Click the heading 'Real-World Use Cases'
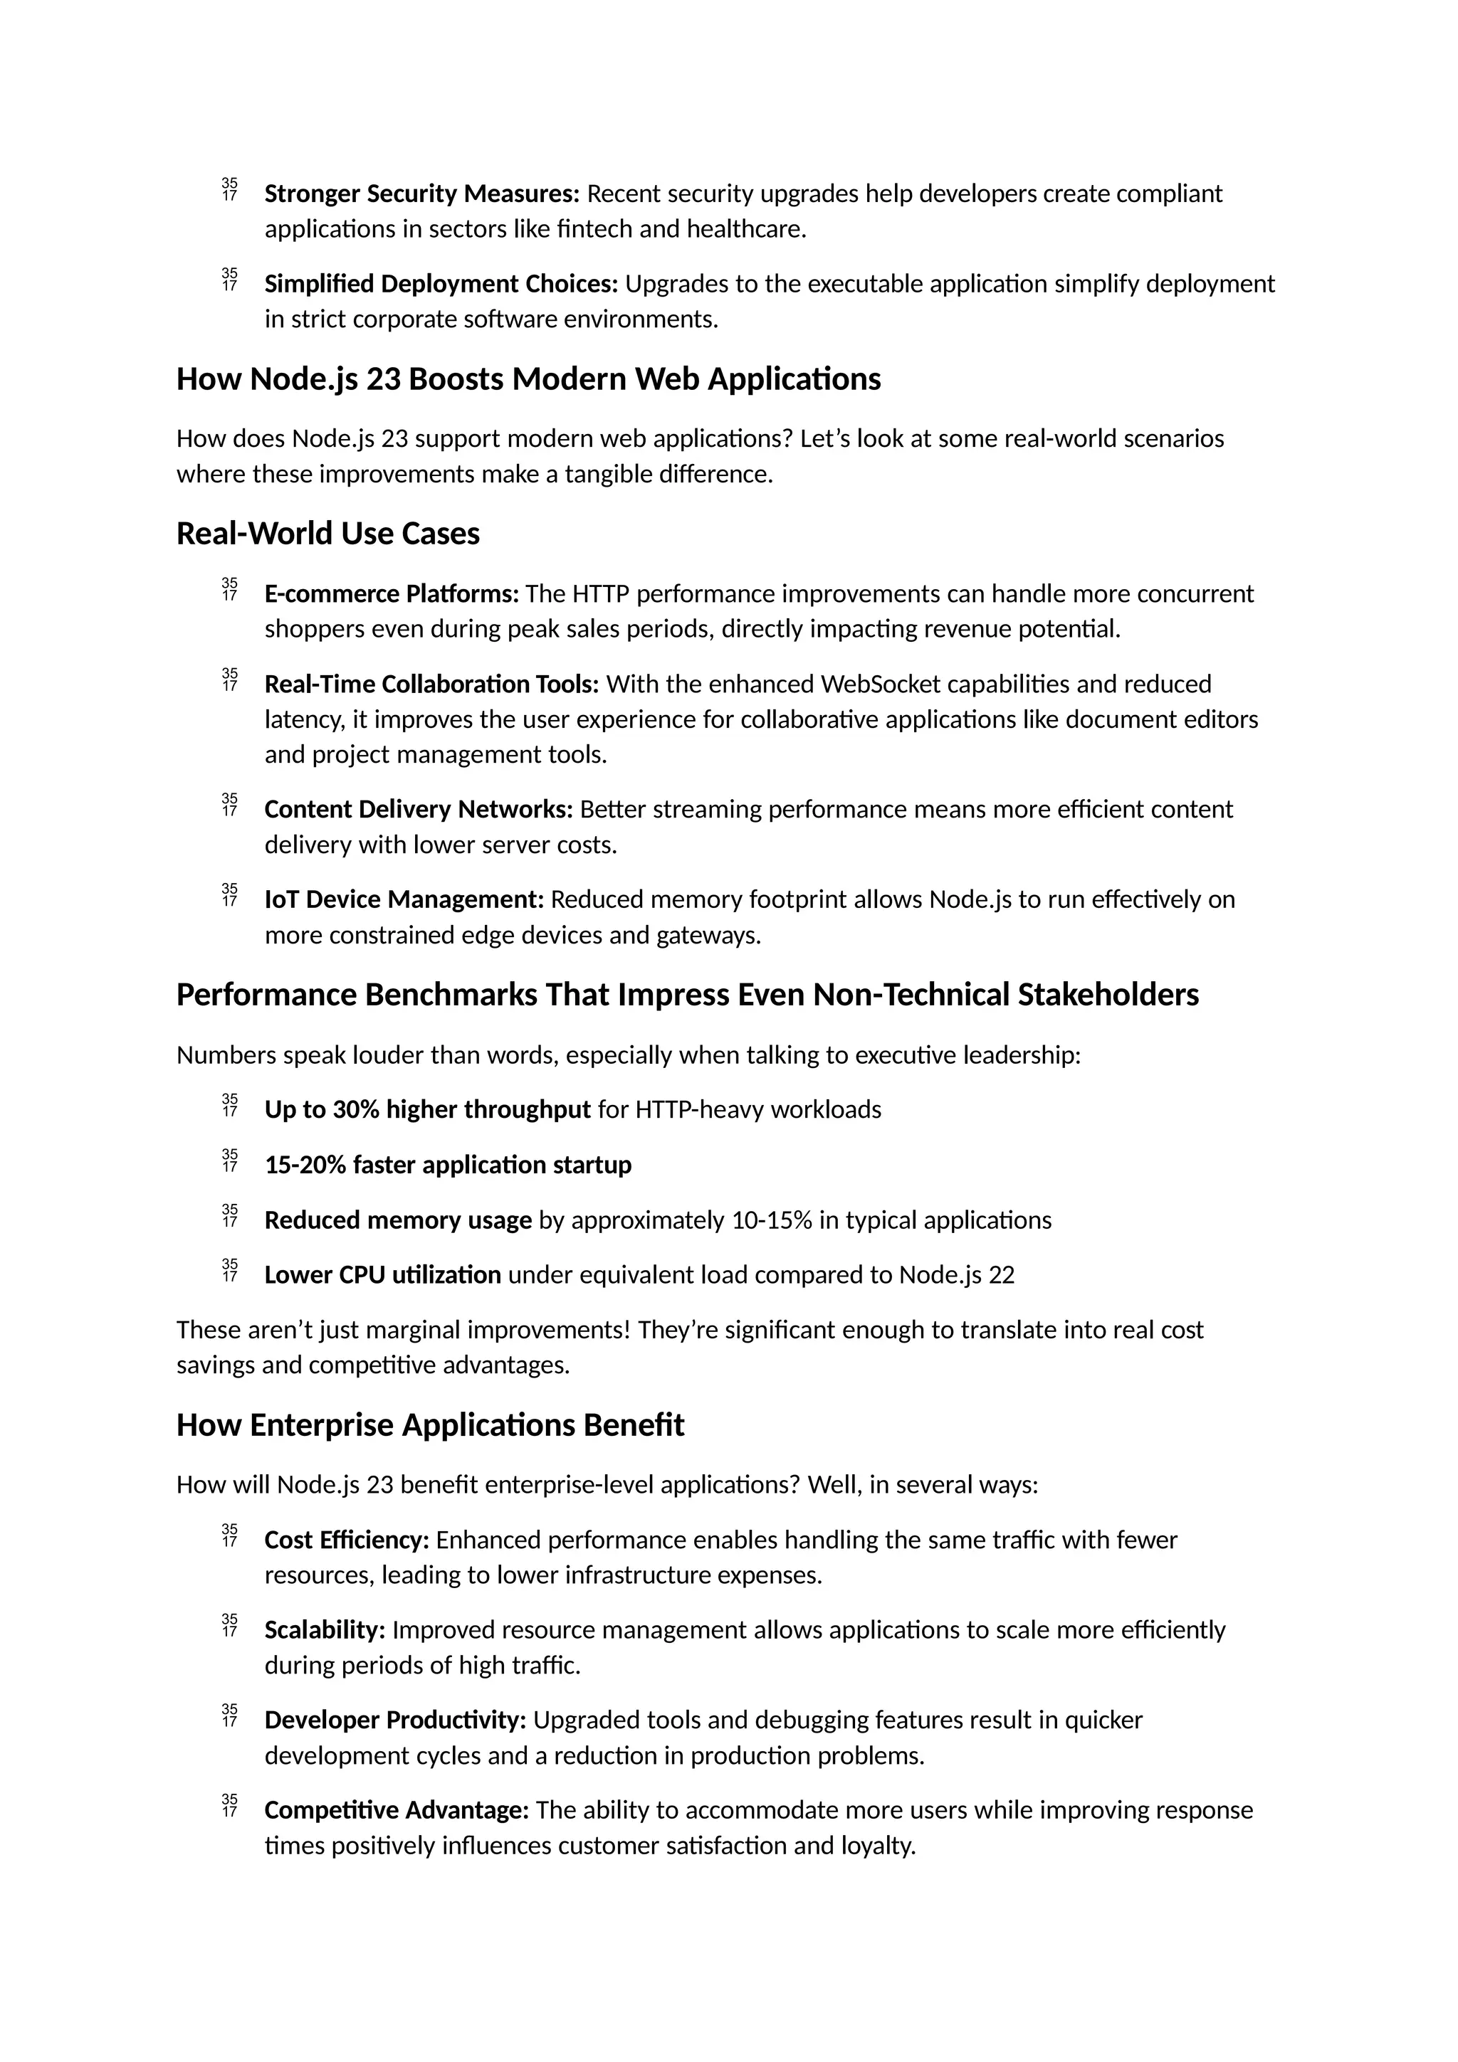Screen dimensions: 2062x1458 328,534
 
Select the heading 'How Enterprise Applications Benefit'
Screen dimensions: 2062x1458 429,1425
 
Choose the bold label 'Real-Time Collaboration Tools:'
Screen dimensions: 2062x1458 431,684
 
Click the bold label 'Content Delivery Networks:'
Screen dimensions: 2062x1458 418,809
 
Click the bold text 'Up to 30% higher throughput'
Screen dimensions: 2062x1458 426,1110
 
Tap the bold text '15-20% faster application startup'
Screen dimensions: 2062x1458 447,1165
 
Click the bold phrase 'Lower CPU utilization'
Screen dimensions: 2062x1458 383,1275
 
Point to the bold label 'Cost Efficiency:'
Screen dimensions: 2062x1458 346,1540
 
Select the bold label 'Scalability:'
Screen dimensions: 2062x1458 325,1630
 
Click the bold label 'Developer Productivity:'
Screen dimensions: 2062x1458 394,1720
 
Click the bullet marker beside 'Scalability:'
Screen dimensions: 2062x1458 229,1626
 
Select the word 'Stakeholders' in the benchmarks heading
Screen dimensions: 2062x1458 1108,995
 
